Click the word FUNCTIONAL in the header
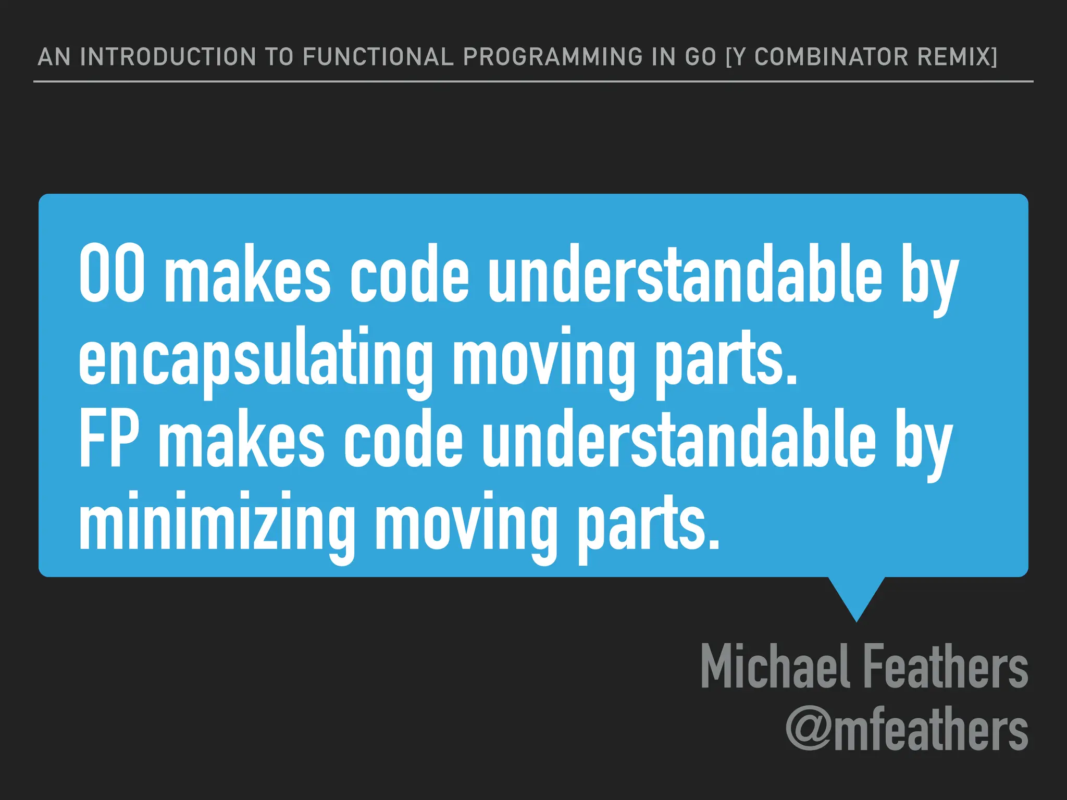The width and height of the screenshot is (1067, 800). click(378, 57)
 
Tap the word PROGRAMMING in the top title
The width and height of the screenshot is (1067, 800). click(553, 57)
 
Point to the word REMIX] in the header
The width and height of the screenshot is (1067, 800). click(957, 57)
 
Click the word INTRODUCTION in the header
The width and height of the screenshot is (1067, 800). click(168, 57)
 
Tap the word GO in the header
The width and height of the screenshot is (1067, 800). click(701, 57)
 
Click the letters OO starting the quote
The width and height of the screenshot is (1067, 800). click(112, 274)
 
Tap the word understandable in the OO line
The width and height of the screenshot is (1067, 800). click(685, 274)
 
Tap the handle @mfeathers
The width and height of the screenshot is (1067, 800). click(907, 729)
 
